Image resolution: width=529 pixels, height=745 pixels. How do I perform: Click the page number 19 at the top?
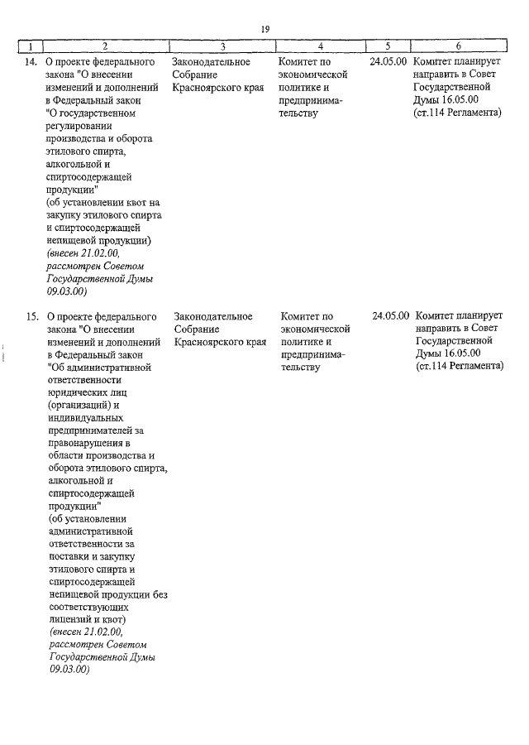point(265,29)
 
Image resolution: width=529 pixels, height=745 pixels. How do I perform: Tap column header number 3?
point(222,46)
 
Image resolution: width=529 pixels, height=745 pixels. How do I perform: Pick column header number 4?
point(320,46)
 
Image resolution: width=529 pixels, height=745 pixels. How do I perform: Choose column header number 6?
point(458,46)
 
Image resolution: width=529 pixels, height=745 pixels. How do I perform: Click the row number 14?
point(31,62)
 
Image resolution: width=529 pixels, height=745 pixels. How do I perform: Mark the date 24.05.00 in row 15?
point(391,316)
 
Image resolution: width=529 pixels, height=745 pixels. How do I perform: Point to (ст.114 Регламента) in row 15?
point(460,366)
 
